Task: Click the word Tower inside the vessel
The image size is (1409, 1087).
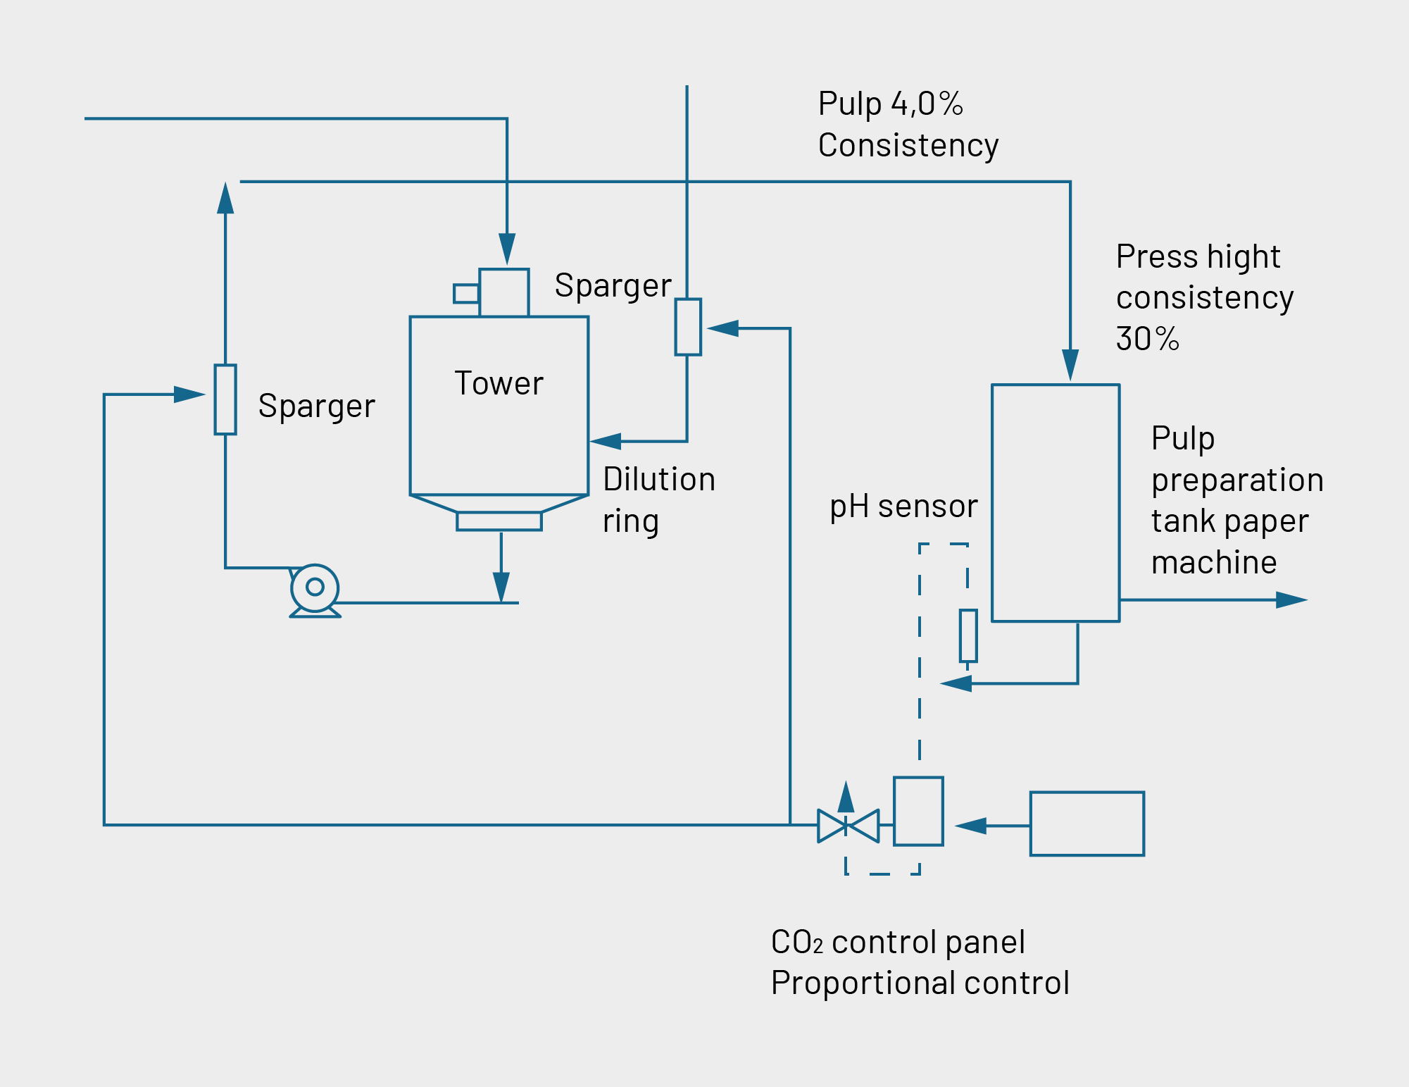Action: pyautogui.click(x=499, y=384)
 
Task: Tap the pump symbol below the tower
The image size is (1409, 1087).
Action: pyautogui.click(x=315, y=588)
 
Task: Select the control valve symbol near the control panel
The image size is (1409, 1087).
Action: pyautogui.click(x=848, y=826)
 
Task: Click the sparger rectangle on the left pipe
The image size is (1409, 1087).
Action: pyautogui.click(x=225, y=399)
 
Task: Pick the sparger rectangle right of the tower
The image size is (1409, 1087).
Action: pyautogui.click(x=688, y=327)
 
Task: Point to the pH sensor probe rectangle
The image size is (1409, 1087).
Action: pyautogui.click(x=968, y=635)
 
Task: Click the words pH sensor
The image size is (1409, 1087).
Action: pyautogui.click(x=903, y=507)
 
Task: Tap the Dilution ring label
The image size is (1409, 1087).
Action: pyautogui.click(x=658, y=499)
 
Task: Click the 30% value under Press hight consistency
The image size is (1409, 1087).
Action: pyautogui.click(x=1147, y=339)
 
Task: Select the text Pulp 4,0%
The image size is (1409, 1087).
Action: pyautogui.click(x=890, y=104)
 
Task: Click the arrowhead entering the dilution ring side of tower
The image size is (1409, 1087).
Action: pyautogui.click(x=606, y=442)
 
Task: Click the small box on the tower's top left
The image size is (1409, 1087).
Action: pyautogui.click(x=466, y=293)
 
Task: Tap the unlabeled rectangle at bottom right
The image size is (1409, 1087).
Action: pyautogui.click(x=1087, y=824)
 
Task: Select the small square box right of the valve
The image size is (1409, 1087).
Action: pyautogui.click(x=918, y=811)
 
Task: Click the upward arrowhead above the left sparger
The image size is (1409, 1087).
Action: pyautogui.click(x=225, y=198)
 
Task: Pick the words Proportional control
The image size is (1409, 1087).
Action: pyautogui.click(x=920, y=983)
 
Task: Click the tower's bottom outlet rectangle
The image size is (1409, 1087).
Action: pyautogui.click(x=499, y=521)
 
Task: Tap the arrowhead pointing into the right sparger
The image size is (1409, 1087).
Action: pyautogui.click(x=722, y=328)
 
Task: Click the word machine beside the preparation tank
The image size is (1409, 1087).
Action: pyautogui.click(x=1213, y=563)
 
